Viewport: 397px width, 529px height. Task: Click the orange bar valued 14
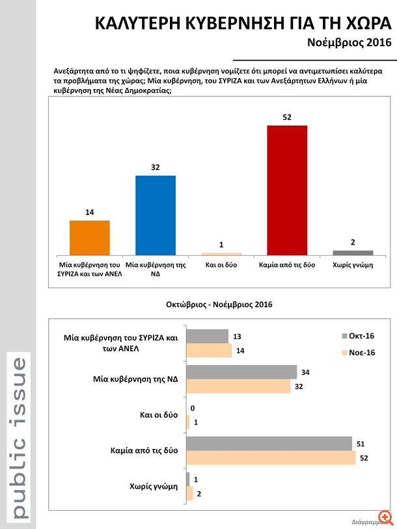tap(89, 237)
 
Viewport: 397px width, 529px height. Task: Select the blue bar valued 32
tap(155, 215)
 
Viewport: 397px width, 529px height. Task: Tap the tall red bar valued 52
tap(287, 189)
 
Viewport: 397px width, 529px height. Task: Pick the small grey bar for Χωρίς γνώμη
tap(353, 252)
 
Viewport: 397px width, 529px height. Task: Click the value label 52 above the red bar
tap(287, 117)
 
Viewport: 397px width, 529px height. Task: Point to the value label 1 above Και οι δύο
tap(221, 245)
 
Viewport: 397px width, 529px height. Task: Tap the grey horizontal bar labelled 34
tap(241, 372)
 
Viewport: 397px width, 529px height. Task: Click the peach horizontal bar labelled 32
tap(238, 387)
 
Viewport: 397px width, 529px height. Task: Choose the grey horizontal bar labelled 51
tap(269, 444)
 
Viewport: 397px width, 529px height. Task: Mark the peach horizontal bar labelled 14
tap(209, 350)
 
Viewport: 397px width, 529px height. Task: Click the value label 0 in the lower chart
tap(193, 408)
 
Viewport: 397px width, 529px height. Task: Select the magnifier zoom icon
tap(389, 517)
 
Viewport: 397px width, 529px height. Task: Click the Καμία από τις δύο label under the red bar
tap(287, 265)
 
